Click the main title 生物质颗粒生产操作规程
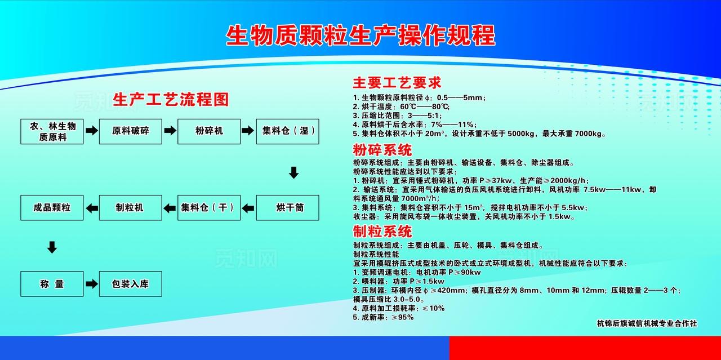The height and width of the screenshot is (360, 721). tap(360, 35)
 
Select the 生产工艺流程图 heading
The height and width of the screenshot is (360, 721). tap(171, 100)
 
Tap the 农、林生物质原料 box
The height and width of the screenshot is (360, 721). tap(52, 131)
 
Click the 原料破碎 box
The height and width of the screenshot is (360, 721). tap(131, 131)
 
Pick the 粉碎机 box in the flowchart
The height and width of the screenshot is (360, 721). tap(209, 131)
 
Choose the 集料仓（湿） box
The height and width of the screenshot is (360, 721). tap(288, 131)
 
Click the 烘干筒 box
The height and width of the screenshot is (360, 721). tap(288, 207)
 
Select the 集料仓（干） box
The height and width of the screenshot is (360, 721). tap(209, 207)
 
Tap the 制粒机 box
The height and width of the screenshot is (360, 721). tap(131, 207)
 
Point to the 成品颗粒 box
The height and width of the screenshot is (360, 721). tap(52, 207)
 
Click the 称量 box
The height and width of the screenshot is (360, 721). tap(52, 284)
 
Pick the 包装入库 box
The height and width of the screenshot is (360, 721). tap(131, 284)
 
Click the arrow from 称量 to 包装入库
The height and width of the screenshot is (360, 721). tap(91, 284)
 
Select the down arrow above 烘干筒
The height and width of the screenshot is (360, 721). tap(293, 172)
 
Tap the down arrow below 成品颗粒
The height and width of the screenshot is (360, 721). tap(52, 247)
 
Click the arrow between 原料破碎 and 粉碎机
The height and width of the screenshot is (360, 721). tap(170, 131)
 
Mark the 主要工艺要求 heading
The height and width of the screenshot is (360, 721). tap(397, 83)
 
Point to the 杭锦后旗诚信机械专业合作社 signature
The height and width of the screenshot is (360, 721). tap(647, 323)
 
